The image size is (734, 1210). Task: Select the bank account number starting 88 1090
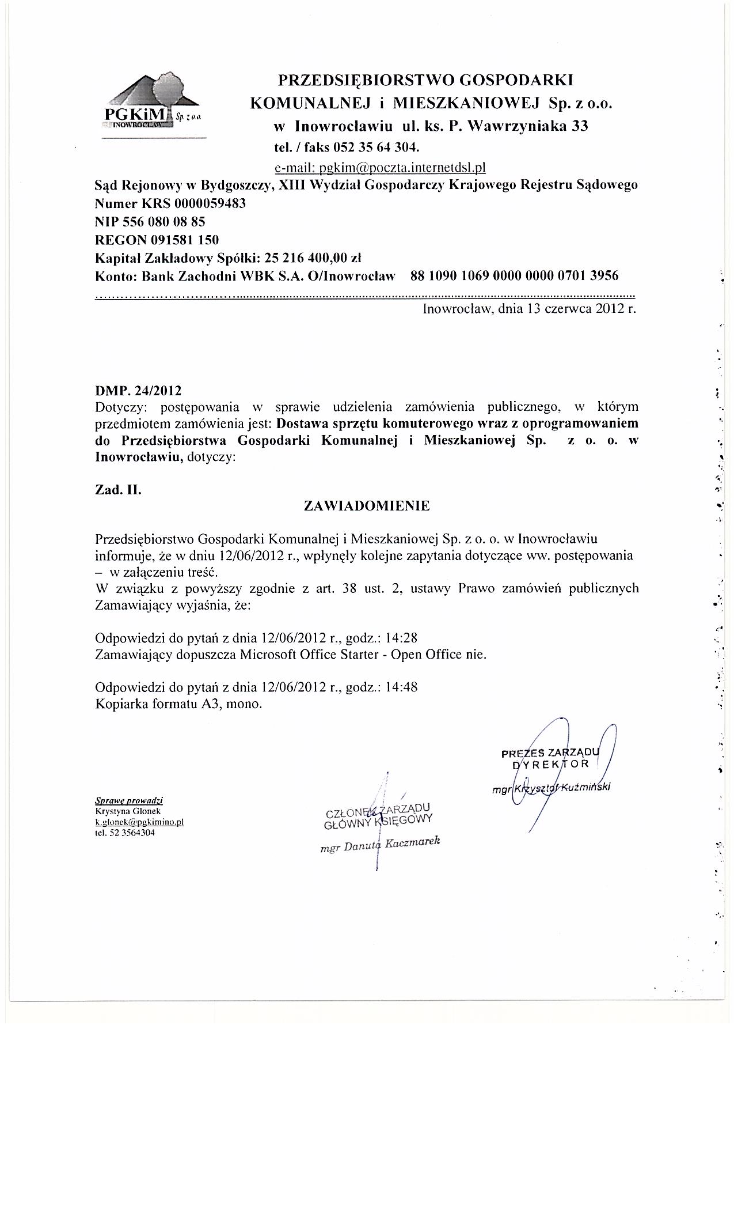(514, 275)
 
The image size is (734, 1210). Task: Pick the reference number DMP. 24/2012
(138, 391)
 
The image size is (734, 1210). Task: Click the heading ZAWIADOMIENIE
(367, 506)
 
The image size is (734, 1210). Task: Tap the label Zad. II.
(118, 490)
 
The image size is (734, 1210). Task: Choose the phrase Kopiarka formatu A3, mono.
(178, 704)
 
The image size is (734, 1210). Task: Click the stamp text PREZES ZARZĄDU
(550, 753)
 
